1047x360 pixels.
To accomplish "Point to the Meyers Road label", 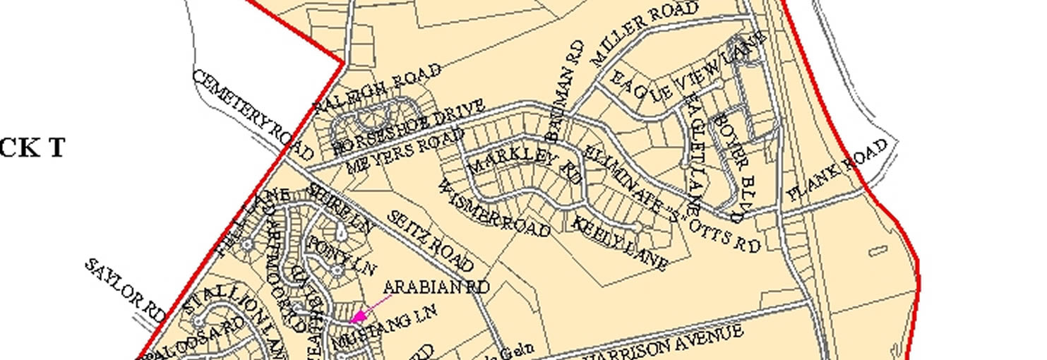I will pos(405,151).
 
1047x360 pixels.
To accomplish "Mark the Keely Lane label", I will pos(620,244).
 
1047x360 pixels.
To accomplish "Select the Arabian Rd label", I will pos(436,287).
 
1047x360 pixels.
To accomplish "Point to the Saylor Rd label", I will pos(125,290).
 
